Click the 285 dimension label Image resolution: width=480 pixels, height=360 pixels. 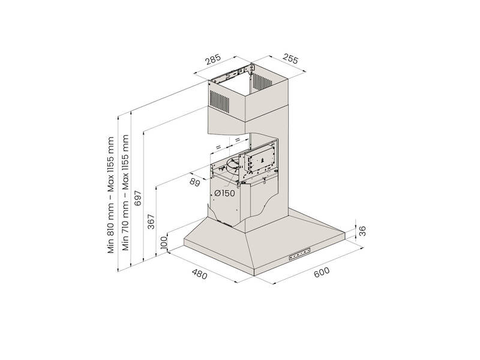[213, 59]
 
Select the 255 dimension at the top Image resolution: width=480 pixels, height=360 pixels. [290, 58]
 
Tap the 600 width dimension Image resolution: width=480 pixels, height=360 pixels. [322, 272]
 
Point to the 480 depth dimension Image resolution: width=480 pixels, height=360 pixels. [200, 274]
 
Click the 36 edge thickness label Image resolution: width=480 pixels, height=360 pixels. [362, 231]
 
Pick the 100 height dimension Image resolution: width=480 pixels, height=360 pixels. [164, 242]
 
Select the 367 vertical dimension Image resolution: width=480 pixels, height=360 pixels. [151, 221]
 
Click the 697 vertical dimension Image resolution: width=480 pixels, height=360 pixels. [139, 198]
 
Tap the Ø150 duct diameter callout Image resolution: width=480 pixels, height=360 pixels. [224, 193]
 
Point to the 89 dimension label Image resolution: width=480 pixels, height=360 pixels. [194, 182]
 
